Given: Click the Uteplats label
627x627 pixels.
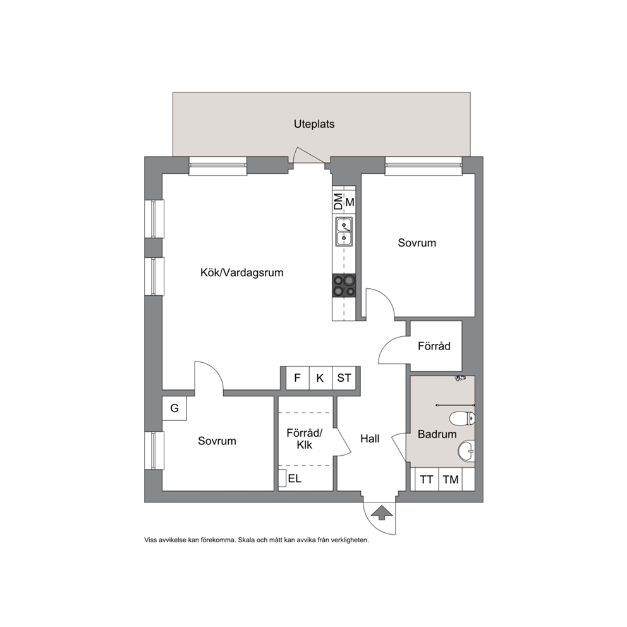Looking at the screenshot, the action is point(314,124).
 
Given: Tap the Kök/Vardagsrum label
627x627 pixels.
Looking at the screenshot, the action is point(241,272).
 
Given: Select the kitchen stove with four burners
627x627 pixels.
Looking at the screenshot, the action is point(344,286).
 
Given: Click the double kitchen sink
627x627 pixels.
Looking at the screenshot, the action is point(344,231).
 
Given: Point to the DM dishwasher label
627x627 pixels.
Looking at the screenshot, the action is point(338,202).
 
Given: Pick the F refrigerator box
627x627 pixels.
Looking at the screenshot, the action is point(297,378).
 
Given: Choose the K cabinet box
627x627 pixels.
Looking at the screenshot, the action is point(320,378).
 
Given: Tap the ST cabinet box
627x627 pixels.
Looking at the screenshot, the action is point(344,378).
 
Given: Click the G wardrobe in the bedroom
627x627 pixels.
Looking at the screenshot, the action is point(174,408).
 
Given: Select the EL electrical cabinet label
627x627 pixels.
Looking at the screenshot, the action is point(295,478).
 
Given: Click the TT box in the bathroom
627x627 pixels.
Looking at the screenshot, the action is point(427,479).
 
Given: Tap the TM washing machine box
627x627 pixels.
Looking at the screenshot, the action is point(451,479).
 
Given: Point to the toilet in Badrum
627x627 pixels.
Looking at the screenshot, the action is point(462,418).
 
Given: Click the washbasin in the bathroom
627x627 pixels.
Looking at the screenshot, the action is point(466,451).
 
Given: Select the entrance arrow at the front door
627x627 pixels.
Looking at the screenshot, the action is point(383,513).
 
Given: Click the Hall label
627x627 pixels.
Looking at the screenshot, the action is point(370,439).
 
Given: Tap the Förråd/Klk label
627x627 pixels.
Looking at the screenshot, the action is point(304,439).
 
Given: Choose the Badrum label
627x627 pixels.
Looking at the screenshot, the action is point(437,434).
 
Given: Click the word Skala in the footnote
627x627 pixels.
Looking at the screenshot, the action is point(246,540).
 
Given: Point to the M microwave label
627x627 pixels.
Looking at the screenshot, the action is point(350,202).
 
